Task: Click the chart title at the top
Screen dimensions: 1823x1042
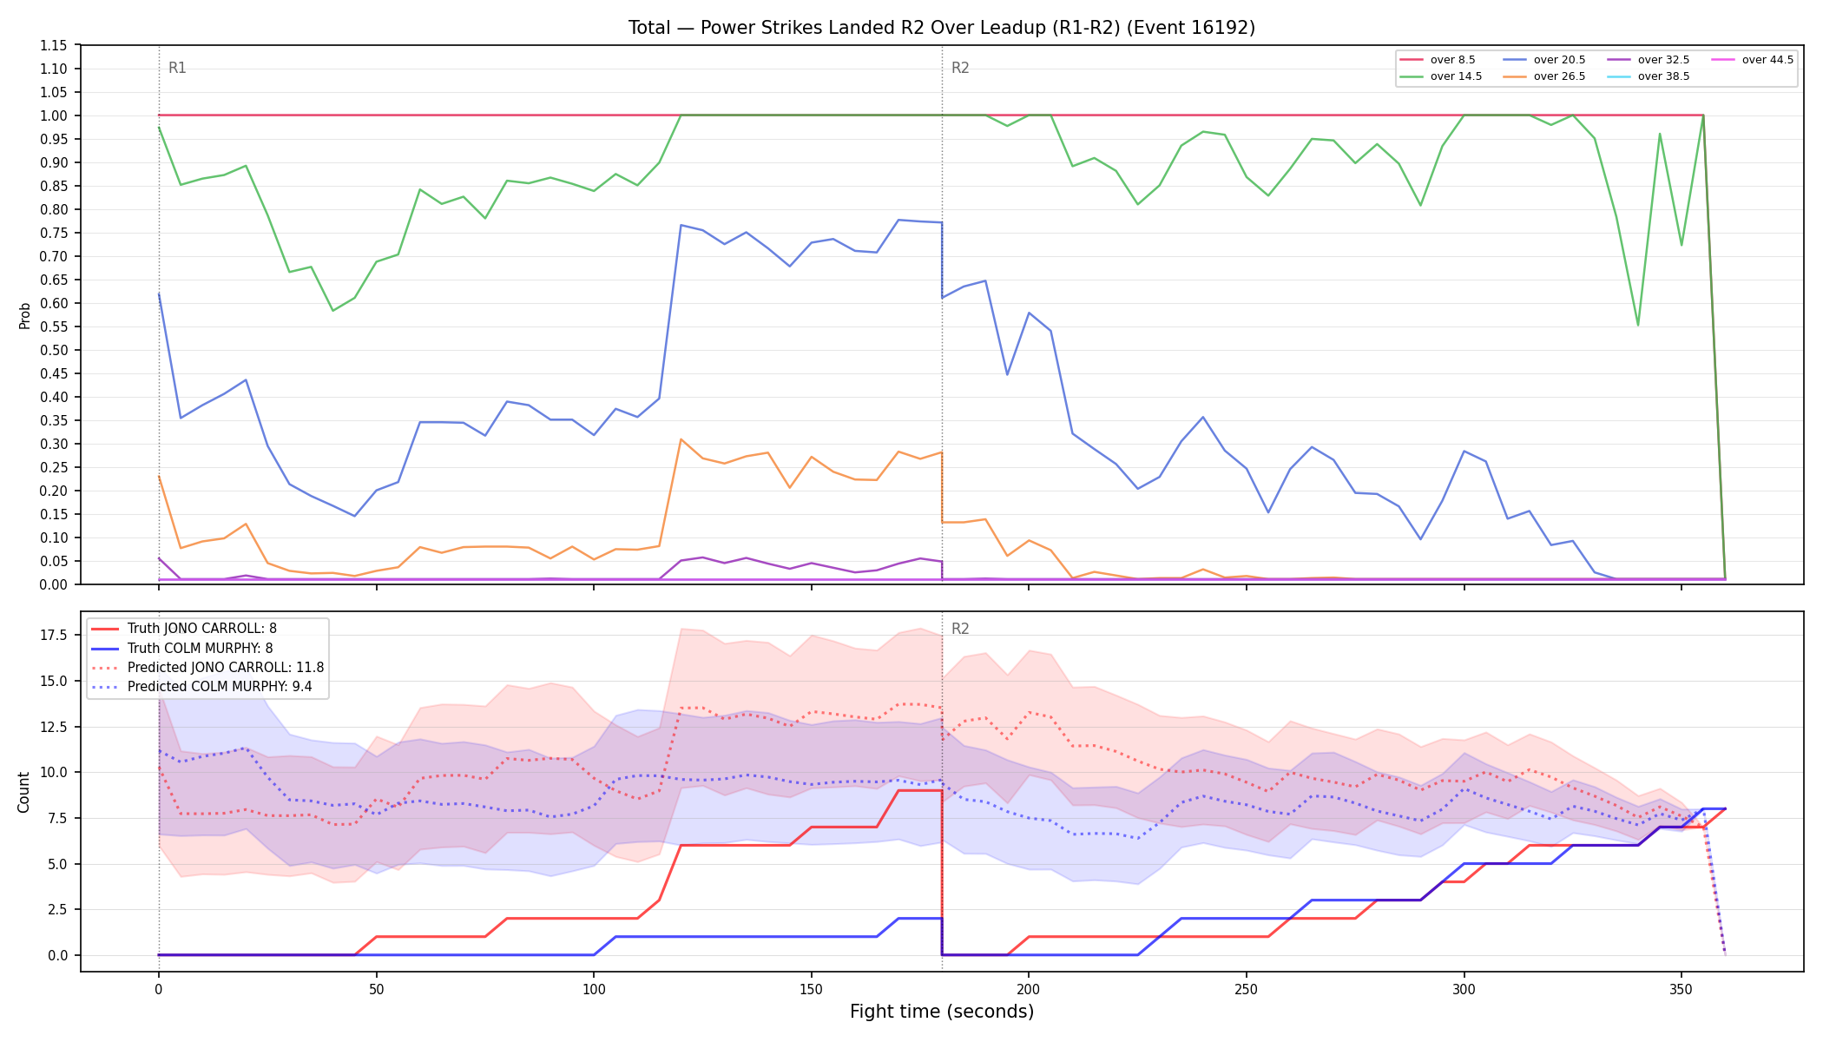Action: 942,28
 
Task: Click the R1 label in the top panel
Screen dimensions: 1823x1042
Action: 177,68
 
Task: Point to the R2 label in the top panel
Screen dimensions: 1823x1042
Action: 960,68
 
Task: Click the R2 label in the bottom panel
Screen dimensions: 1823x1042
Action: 960,629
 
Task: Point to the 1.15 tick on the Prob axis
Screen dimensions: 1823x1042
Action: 54,45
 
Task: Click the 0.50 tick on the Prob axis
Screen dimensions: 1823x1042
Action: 54,350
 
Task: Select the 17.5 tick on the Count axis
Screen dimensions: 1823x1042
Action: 54,635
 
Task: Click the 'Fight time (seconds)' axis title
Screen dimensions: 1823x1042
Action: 942,1012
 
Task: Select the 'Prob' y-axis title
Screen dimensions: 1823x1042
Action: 25,315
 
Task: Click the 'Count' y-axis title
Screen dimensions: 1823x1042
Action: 24,792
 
